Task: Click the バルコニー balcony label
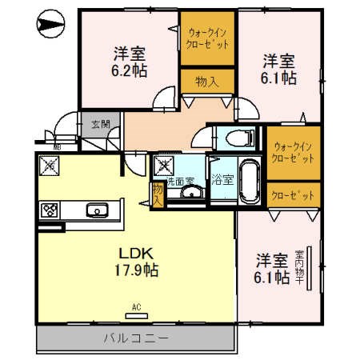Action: point(135,338)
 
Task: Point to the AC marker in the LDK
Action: point(135,306)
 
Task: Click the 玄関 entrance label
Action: point(100,124)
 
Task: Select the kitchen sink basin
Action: point(98,211)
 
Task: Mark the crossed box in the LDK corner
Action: point(50,167)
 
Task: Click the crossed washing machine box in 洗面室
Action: point(166,166)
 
